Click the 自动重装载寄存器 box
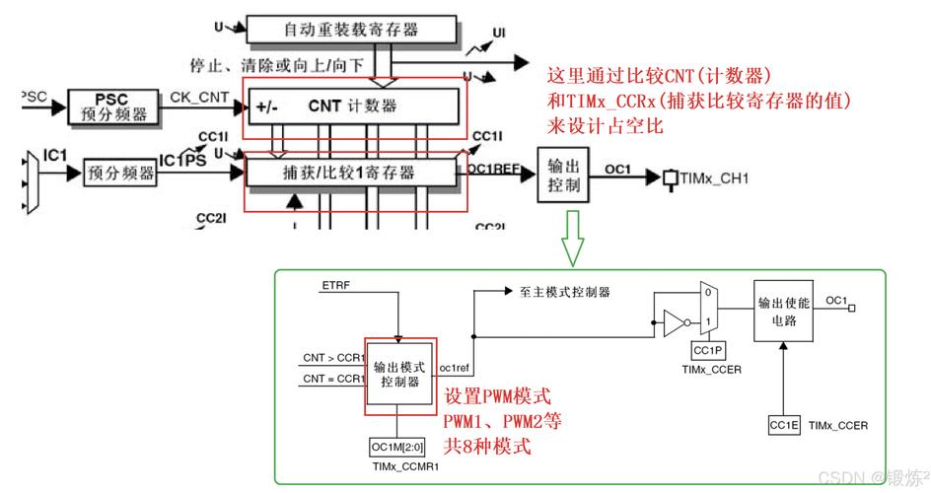(351, 31)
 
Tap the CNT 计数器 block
(353, 106)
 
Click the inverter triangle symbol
(670, 322)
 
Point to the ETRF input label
(335, 285)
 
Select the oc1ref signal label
(455, 368)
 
